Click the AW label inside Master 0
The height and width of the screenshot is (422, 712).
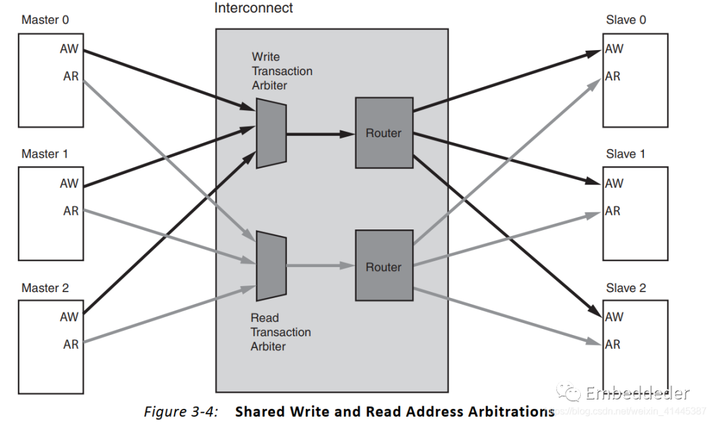(69, 49)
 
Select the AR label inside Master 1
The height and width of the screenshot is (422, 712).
(71, 211)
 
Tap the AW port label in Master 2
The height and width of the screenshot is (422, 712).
(69, 316)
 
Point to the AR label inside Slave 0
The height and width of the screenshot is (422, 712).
(613, 76)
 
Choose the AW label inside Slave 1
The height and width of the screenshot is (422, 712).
(614, 183)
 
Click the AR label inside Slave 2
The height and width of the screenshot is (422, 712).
(613, 344)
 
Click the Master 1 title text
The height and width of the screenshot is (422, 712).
(45, 154)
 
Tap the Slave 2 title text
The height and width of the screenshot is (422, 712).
(626, 288)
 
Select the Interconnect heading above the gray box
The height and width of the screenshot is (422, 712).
(254, 9)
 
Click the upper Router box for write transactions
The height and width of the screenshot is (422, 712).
(384, 133)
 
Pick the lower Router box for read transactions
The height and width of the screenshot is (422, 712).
(384, 266)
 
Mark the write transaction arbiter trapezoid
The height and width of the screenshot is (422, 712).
(271, 133)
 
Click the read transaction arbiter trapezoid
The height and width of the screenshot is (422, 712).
(271, 266)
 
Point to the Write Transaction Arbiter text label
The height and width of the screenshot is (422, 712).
(282, 71)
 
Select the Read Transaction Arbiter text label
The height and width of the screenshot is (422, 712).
(280, 332)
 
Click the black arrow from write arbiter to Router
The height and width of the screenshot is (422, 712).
(320, 134)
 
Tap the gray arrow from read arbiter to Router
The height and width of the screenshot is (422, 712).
(320, 266)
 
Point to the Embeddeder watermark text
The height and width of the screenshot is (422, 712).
(636, 394)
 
